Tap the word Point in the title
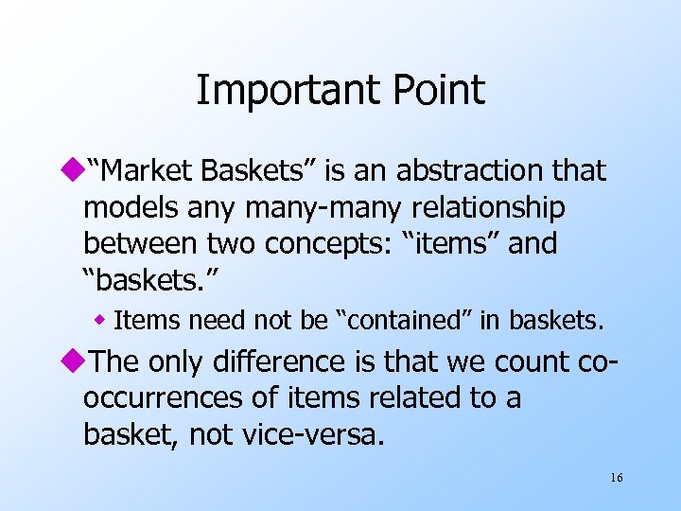[436, 91]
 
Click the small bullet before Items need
[101, 322]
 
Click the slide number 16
[616, 478]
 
